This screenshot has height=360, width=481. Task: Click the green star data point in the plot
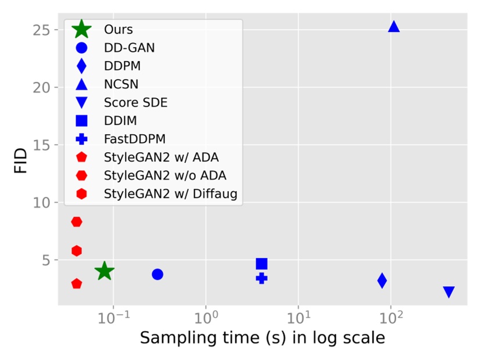coord(104,271)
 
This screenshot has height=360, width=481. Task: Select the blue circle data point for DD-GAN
coord(157,274)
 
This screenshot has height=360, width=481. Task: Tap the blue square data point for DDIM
coord(261,264)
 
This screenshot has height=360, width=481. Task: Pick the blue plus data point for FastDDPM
coord(261,278)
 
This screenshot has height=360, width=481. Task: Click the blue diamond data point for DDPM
coord(382,281)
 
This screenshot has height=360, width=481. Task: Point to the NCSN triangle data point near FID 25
coord(393,27)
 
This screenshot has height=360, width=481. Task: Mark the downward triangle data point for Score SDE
coord(448,292)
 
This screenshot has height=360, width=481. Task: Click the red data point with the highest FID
coord(77,222)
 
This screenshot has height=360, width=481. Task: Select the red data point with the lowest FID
coord(77,284)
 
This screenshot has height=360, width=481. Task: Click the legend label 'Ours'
coord(117,29)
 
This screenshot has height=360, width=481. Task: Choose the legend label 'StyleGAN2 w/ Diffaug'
coord(171,193)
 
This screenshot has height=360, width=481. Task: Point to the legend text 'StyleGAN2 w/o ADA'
coord(165,175)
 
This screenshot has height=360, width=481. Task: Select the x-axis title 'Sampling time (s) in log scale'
coord(263,339)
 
